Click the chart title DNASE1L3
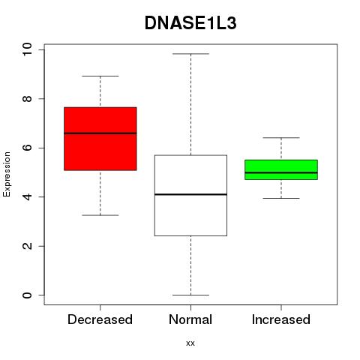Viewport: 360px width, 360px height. pyautogui.click(x=190, y=23)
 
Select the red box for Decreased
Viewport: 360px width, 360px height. pyautogui.click(x=100, y=139)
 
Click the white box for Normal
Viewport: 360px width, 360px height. pyautogui.click(x=190, y=196)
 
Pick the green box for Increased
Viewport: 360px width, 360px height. pyautogui.click(x=281, y=169)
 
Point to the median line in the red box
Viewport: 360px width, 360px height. pyautogui.click(x=100, y=133)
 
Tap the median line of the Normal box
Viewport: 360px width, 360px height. pyautogui.click(x=190, y=194)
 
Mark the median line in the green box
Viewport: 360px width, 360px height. pyautogui.click(x=281, y=172)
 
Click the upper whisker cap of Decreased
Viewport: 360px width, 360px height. pyautogui.click(x=100, y=76)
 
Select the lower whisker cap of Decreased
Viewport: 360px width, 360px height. pyautogui.click(x=100, y=215)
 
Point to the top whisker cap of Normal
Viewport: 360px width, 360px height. pyautogui.click(x=190, y=54)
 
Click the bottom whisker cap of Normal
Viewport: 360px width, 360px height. pyautogui.click(x=190, y=295)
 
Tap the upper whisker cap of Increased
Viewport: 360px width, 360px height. pyautogui.click(x=281, y=138)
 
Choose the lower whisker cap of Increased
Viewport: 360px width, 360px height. pyautogui.click(x=281, y=198)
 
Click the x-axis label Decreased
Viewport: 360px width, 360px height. pyautogui.click(x=100, y=319)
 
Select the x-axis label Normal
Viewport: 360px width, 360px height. pyautogui.click(x=190, y=319)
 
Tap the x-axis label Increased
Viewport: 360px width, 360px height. pyautogui.click(x=281, y=319)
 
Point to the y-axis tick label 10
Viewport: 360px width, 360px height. pyautogui.click(x=27, y=49)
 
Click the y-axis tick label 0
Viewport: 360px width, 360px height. pyautogui.click(x=27, y=295)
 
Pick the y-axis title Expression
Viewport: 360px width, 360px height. pyautogui.click(x=7, y=174)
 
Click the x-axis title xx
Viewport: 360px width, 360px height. pyautogui.click(x=190, y=343)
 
